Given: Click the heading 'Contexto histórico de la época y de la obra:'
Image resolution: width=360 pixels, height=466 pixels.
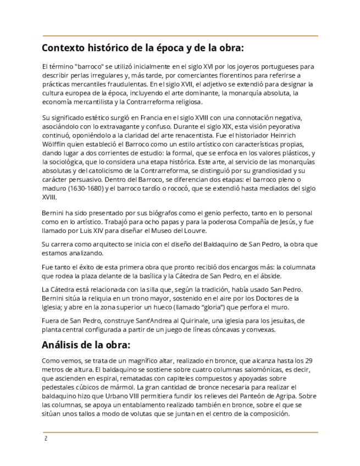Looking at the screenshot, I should [x=143, y=47].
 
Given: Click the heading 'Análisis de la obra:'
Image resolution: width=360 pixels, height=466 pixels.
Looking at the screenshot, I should [x=86, y=346].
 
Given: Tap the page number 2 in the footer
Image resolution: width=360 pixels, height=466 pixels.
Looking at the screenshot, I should [x=46, y=439].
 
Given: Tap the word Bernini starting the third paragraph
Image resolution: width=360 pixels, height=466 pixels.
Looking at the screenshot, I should [x=54, y=213].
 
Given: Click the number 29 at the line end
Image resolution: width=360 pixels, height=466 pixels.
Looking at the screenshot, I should [x=309, y=361].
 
